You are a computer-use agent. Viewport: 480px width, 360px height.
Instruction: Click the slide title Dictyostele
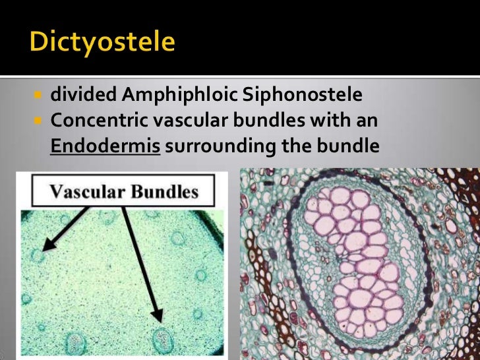coord(102,43)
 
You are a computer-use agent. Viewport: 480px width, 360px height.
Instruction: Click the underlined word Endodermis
coord(105,146)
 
